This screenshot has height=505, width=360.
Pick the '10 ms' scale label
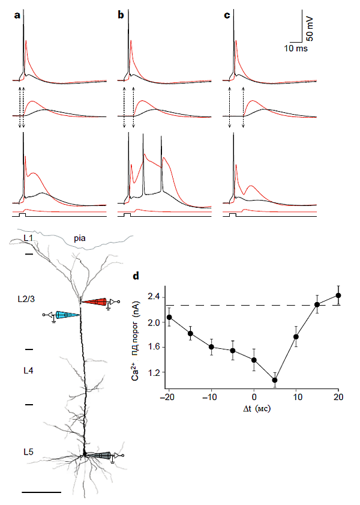[x=295, y=48]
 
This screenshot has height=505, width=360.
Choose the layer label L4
[x=28, y=370]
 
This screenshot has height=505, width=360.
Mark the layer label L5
[x=28, y=451]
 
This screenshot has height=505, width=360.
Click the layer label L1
[x=28, y=238]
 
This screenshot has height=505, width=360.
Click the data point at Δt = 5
[x=275, y=380]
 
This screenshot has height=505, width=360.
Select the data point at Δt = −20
[x=170, y=317]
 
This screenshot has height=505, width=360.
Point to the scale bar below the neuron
[x=41, y=492]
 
